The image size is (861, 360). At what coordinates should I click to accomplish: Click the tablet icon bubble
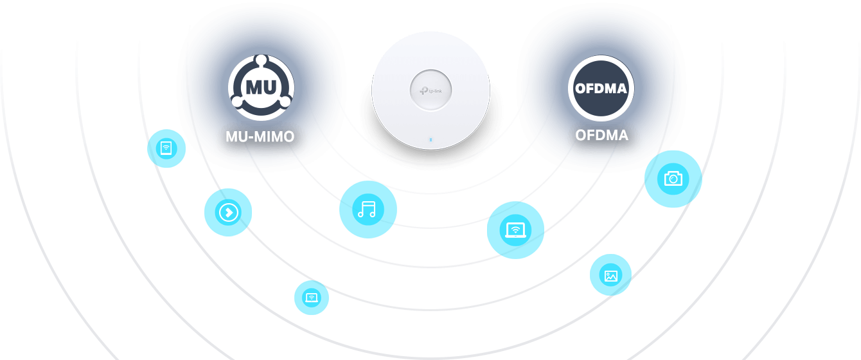click(166, 149)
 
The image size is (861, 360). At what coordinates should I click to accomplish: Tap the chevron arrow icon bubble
click(228, 212)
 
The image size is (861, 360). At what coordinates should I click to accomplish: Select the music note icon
click(368, 210)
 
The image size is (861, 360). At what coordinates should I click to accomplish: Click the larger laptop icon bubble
click(515, 230)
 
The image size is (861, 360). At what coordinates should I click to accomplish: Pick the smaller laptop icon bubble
click(312, 298)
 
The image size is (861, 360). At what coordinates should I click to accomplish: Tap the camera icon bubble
click(673, 179)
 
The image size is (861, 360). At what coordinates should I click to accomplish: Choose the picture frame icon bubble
click(610, 276)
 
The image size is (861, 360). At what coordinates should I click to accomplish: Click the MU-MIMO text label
click(260, 137)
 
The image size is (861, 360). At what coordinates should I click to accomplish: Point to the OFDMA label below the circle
click(601, 136)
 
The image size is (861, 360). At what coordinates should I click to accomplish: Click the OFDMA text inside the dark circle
click(601, 89)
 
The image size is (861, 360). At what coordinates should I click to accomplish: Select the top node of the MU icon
click(261, 60)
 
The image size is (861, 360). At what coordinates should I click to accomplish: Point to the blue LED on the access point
click(430, 138)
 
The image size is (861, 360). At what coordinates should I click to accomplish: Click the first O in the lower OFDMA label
click(582, 136)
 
